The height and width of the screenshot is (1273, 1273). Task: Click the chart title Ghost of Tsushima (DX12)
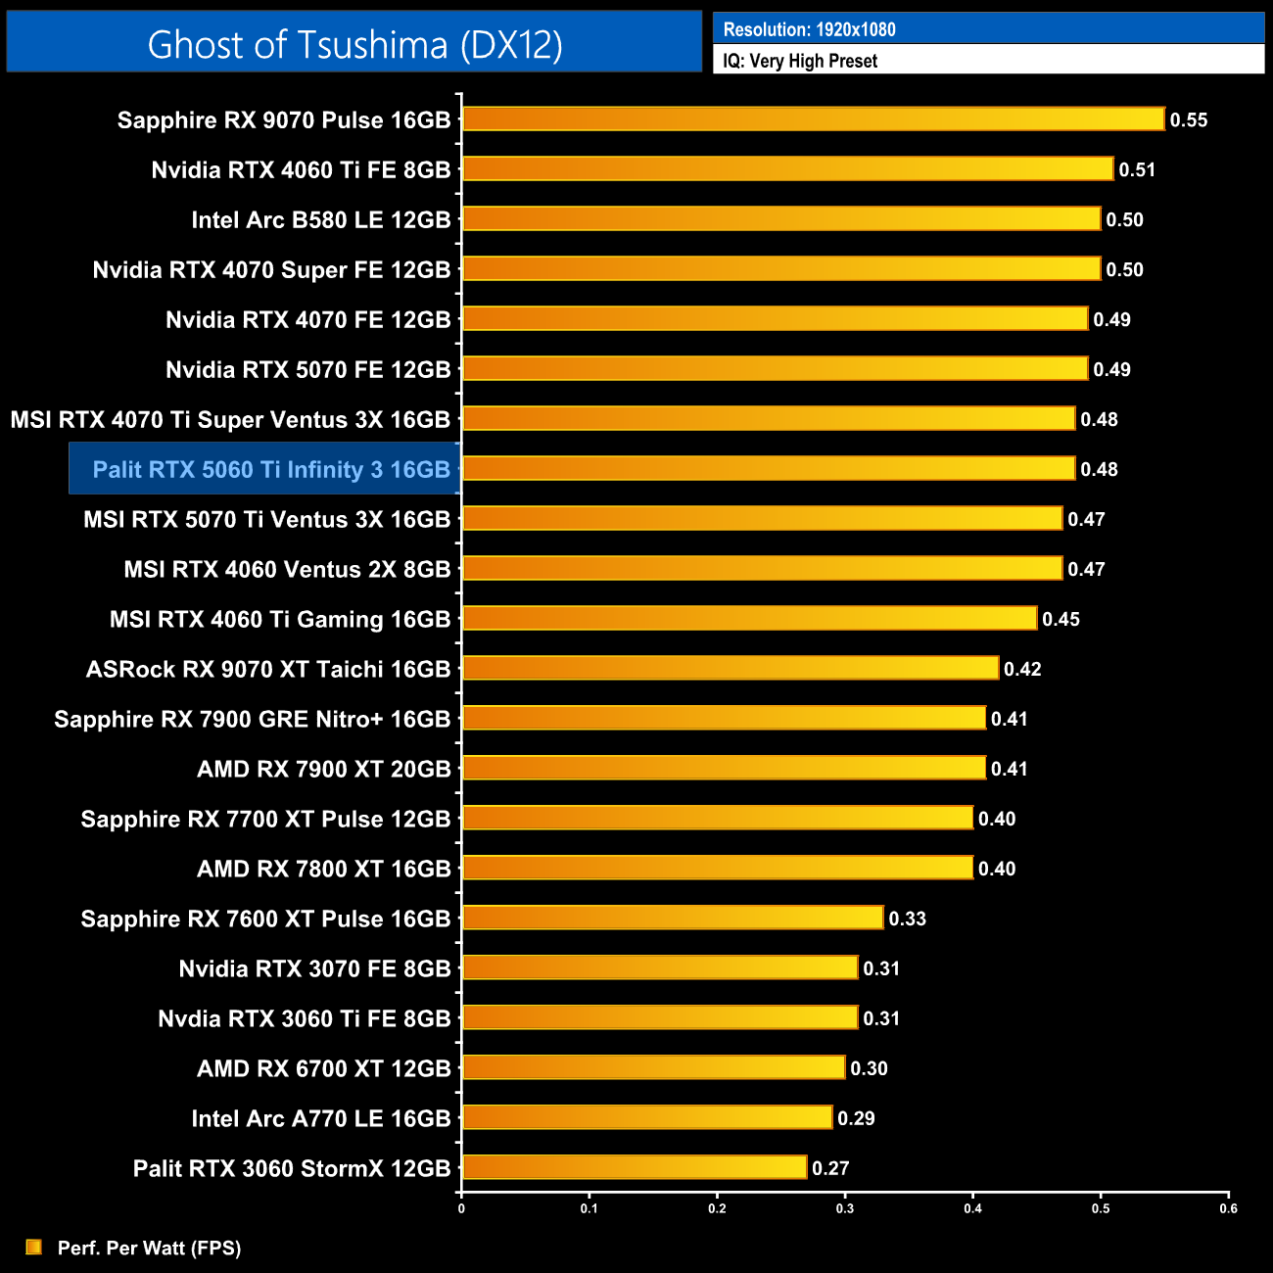coord(354,45)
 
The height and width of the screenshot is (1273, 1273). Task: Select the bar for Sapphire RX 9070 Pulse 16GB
coord(813,119)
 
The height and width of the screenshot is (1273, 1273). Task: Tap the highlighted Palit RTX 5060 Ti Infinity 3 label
coord(271,470)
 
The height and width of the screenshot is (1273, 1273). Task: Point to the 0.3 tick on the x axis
coord(845,1208)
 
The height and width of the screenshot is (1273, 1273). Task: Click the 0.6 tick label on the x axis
coord(1228,1208)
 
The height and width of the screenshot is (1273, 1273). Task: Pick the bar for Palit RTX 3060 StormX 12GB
coord(635,1167)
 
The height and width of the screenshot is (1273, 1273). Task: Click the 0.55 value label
coord(1189,120)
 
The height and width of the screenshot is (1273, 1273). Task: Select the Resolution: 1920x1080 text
coord(809,29)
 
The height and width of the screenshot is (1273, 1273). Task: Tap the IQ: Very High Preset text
coord(800,61)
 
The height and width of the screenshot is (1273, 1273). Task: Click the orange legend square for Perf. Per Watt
coord(34,1247)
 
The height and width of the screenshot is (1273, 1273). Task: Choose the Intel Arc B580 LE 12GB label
coord(321,220)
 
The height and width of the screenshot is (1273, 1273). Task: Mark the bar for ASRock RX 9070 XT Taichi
coord(731,668)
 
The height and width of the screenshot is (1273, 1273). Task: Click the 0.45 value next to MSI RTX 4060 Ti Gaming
coord(1061,619)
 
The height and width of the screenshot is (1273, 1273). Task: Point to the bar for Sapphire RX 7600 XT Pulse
coord(673,918)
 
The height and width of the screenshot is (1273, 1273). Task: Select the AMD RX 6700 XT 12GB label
coord(324,1068)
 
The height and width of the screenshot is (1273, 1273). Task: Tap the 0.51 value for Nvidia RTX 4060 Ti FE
coord(1137,170)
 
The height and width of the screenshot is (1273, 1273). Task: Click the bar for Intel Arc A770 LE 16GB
coord(647,1117)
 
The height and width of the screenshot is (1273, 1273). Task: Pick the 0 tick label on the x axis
coord(461,1208)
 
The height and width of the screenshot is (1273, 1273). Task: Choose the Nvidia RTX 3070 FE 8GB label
coord(314,969)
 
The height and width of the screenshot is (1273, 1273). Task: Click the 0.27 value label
coord(830,1168)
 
